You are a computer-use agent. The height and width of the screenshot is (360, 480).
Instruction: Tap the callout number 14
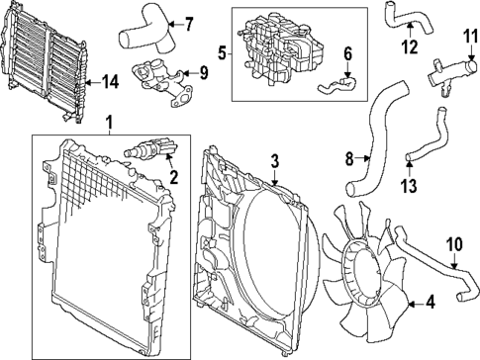pyautogui.click(x=110, y=84)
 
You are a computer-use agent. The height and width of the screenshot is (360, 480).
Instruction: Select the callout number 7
pyautogui.click(x=189, y=23)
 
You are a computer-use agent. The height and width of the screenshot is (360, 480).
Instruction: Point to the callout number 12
pyautogui.click(x=408, y=45)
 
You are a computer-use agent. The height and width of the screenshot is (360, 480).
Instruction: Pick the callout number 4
pyautogui.click(x=428, y=304)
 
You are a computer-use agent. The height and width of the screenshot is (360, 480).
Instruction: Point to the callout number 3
pyautogui.click(x=276, y=159)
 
